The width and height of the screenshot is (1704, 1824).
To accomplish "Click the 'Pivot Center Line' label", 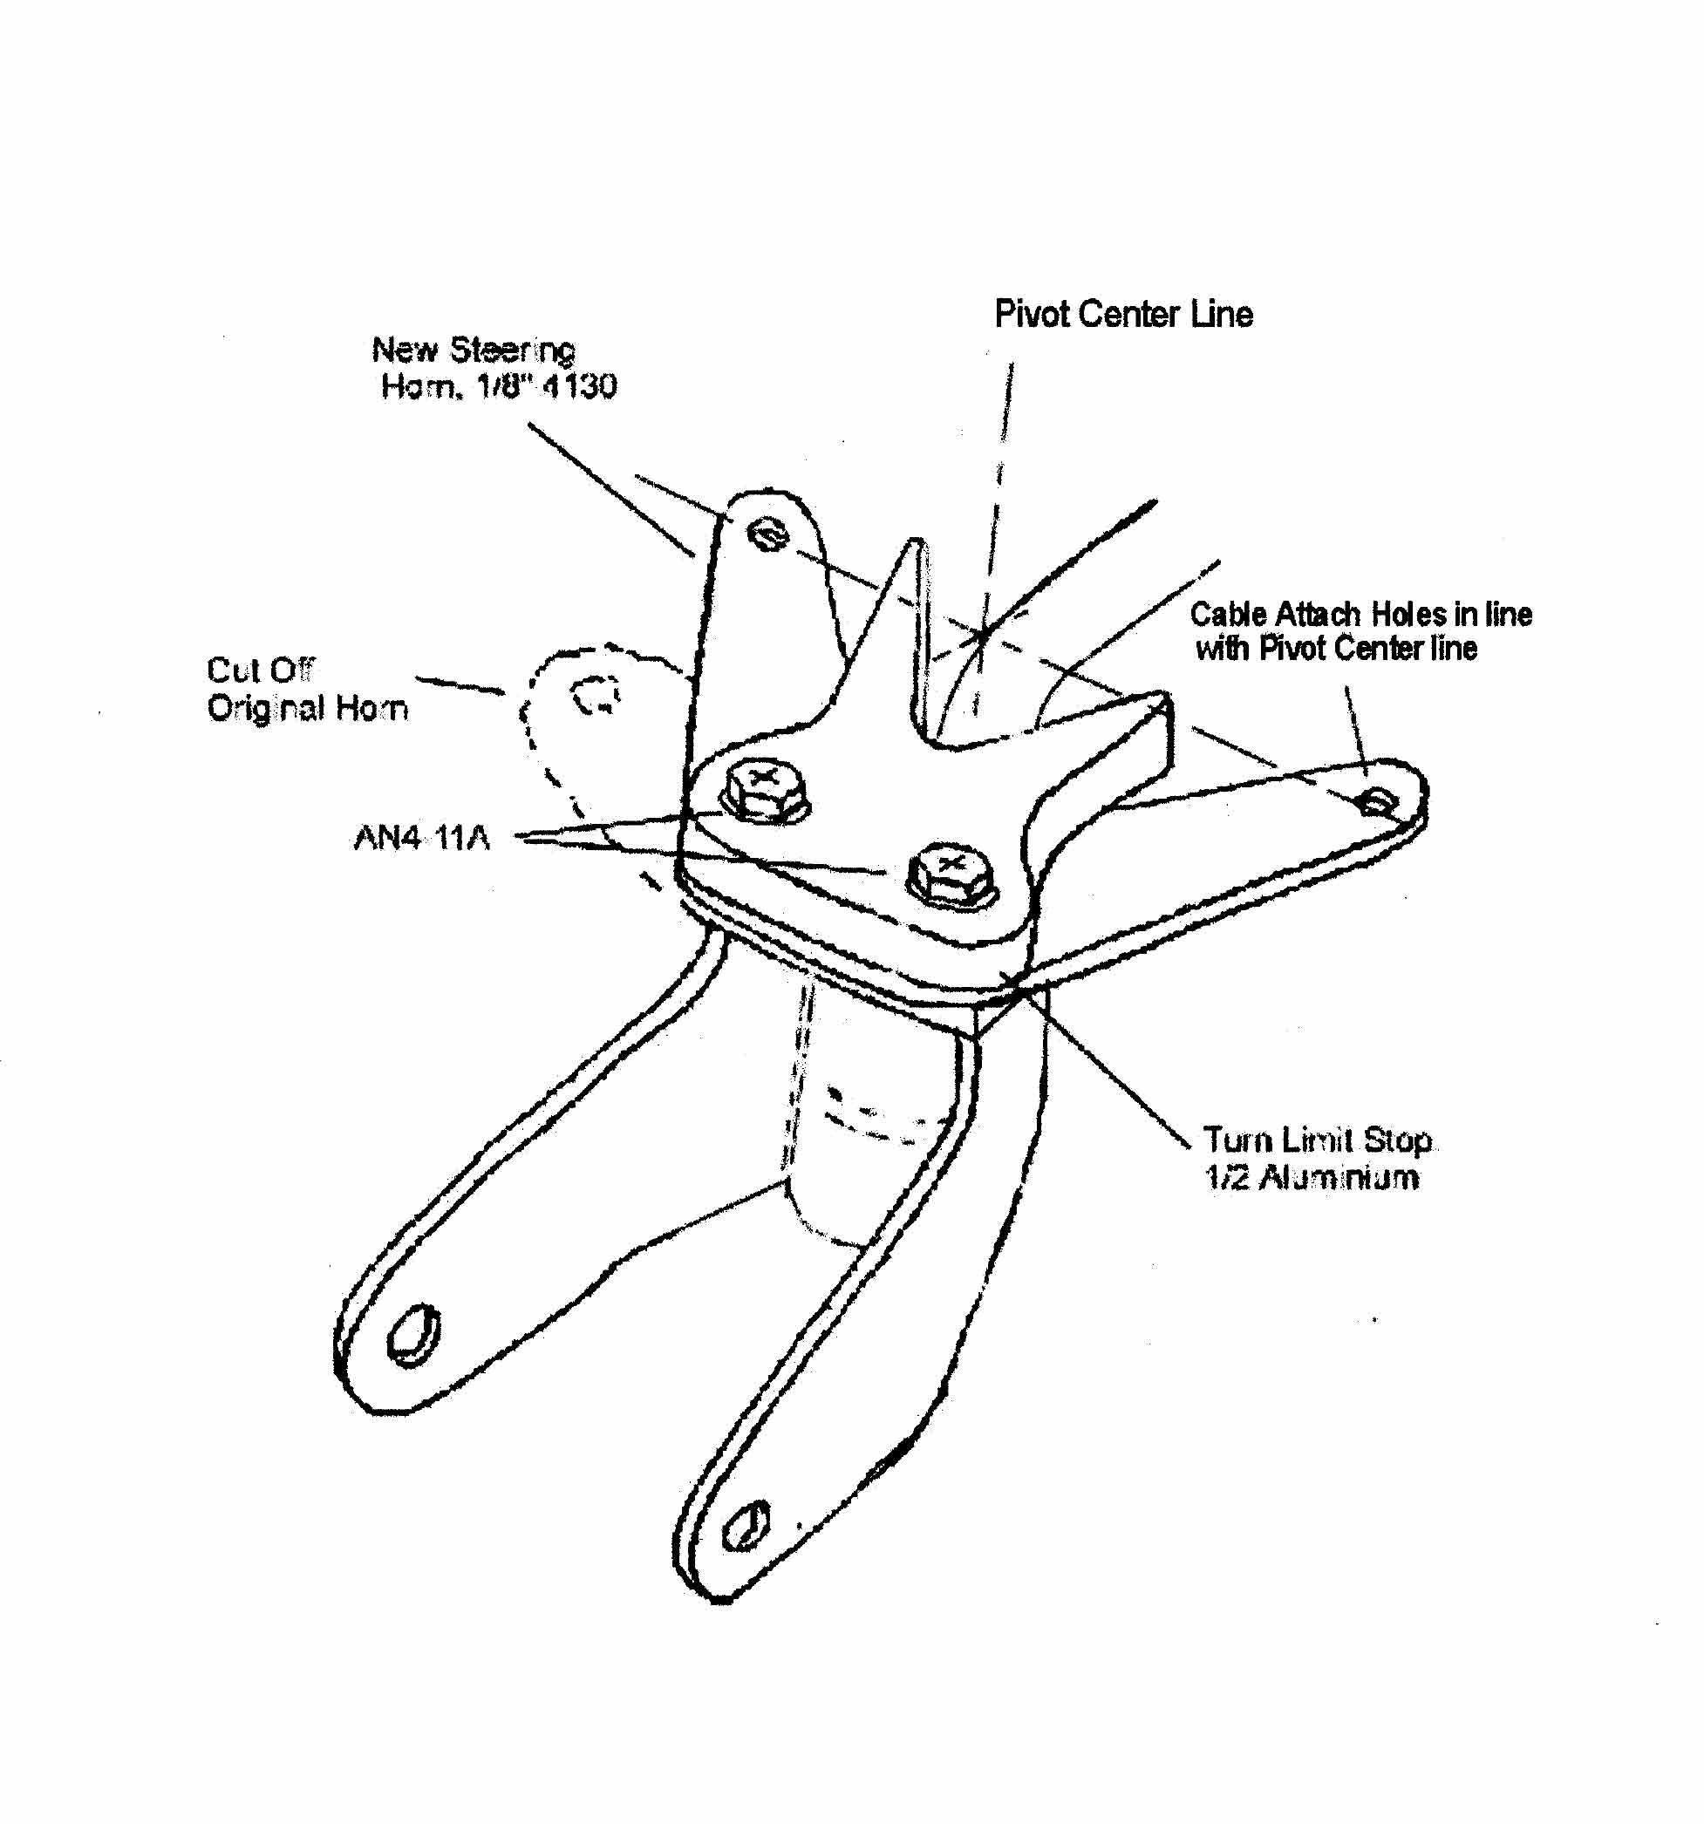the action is coord(1123,315).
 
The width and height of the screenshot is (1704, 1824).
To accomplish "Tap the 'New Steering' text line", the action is coord(474,351).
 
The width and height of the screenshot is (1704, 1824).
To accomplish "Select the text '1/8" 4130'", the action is coord(547,386).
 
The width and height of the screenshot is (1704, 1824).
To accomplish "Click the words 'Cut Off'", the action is coord(261,670).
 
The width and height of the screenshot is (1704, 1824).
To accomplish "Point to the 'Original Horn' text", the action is coord(307,708).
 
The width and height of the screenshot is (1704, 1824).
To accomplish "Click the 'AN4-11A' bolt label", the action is coord(422,838).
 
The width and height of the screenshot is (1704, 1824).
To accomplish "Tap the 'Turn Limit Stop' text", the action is coord(1317,1140).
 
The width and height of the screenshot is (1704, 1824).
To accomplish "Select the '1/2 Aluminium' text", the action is coord(1312,1178).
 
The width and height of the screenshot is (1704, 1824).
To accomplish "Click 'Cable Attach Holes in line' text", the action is coord(1360,614).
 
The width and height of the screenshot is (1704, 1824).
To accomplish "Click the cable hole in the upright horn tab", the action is coord(768,534).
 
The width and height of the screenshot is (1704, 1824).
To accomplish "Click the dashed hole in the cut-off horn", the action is coord(596,695).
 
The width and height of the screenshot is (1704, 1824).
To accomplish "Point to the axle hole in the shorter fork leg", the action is coord(414,1333).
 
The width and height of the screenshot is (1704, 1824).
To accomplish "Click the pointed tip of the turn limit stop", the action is coord(915,542).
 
